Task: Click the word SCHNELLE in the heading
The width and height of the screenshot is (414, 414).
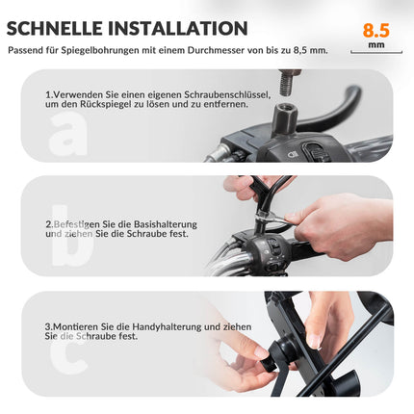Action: point(62,29)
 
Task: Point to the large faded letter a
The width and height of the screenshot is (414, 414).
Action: point(68,134)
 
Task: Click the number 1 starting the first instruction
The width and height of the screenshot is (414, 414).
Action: point(48,94)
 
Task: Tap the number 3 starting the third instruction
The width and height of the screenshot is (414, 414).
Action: point(48,326)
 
